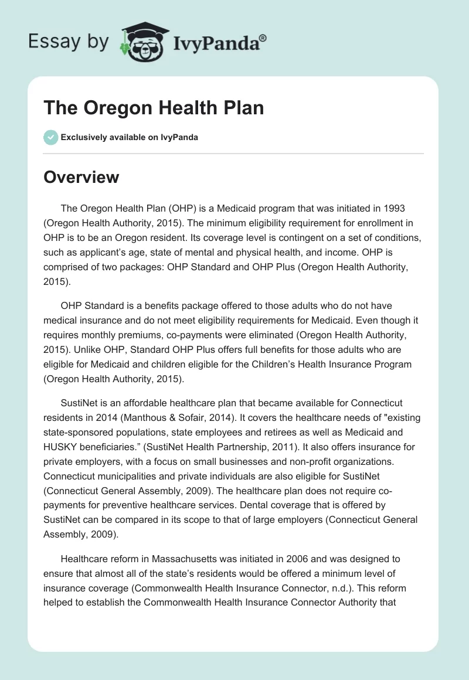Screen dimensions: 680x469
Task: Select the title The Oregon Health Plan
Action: tap(154, 108)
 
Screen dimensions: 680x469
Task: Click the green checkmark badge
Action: tap(50, 137)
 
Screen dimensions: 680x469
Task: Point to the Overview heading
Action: tap(81, 176)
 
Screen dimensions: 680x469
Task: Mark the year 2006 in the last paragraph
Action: tap(293, 559)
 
